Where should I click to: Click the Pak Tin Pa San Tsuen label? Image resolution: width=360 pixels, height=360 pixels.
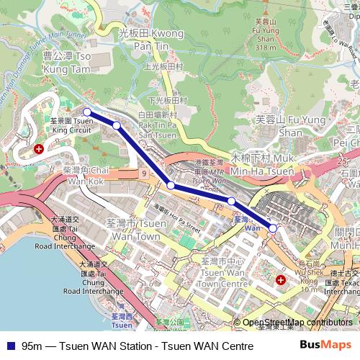pyautogui.click(x=157, y=125)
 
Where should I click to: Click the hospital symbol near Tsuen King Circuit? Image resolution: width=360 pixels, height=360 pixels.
pyautogui.click(x=38, y=149)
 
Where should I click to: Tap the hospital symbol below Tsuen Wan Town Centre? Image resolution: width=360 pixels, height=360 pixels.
pyautogui.click(x=281, y=279)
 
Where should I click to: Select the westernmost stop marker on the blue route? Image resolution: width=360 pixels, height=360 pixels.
pyautogui.click(x=87, y=112)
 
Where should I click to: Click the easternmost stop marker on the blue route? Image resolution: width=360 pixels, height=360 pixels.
pyautogui.click(x=273, y=228)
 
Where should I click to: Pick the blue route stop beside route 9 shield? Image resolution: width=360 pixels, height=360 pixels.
pyautogui.click(x=171, y=185)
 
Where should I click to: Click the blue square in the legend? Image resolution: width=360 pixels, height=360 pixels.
pyautogui.click(x=10, y=346)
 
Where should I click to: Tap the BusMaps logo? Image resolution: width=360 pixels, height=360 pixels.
pyautogui.click(x=326, y=346)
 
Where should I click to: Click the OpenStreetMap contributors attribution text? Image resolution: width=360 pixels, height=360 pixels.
pyautogui.click(x=297, y=323)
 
